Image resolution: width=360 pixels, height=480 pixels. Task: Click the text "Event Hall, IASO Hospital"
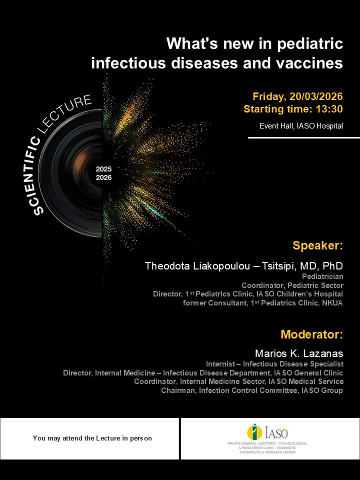pos(301,125)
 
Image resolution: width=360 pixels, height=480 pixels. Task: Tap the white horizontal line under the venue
pos(303,137)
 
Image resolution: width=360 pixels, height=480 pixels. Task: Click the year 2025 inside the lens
pos(104,169)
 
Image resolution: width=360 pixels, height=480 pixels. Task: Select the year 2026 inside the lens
pos(104,177)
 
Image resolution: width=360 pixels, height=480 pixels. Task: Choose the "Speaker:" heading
pos(317,245)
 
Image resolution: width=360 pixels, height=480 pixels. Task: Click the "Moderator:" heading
pos(311,334)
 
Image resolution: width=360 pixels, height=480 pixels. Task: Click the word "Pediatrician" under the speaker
pos(322,275)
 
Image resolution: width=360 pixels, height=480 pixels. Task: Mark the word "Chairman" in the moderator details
pos(177,390)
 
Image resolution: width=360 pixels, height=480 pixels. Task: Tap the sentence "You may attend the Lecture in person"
pos(92,438)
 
